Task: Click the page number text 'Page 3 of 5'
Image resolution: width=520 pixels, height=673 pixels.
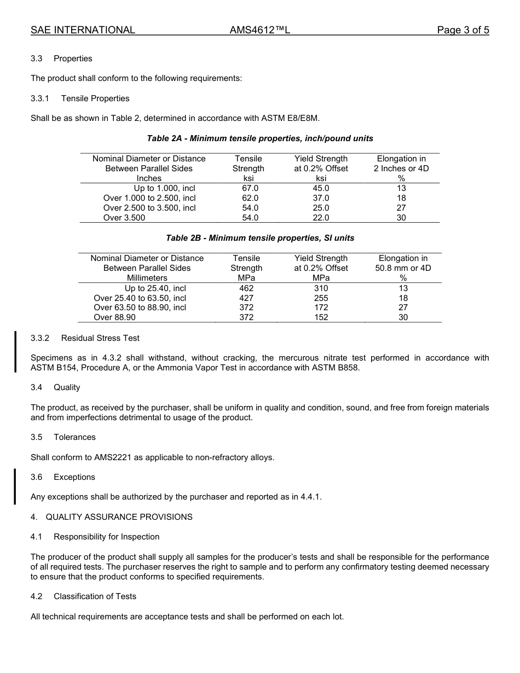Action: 463,30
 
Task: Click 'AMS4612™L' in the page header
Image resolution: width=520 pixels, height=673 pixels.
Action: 259,30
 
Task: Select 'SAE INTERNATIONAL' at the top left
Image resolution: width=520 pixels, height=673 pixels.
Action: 83,30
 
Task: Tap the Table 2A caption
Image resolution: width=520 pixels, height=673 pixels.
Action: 260,138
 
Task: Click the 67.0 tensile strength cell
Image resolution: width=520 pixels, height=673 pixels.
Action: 250,188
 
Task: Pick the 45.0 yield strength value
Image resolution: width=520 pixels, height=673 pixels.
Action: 321,188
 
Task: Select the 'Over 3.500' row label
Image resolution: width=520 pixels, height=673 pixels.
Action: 124,218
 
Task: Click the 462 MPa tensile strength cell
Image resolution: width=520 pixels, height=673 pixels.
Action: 246,288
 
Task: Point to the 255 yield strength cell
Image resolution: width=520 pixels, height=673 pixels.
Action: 321,298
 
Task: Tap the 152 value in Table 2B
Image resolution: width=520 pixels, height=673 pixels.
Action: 321,317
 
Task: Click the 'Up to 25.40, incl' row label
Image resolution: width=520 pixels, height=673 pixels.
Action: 155,288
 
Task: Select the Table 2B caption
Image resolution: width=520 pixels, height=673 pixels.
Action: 260,238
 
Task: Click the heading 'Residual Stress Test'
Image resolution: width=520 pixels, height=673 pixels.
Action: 100,338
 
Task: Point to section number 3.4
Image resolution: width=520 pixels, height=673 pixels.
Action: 36,387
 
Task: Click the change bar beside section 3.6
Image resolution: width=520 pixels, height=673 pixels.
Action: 15,486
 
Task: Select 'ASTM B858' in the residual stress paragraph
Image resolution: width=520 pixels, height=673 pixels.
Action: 339,368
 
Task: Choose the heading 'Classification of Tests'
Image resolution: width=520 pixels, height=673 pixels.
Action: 95,596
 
